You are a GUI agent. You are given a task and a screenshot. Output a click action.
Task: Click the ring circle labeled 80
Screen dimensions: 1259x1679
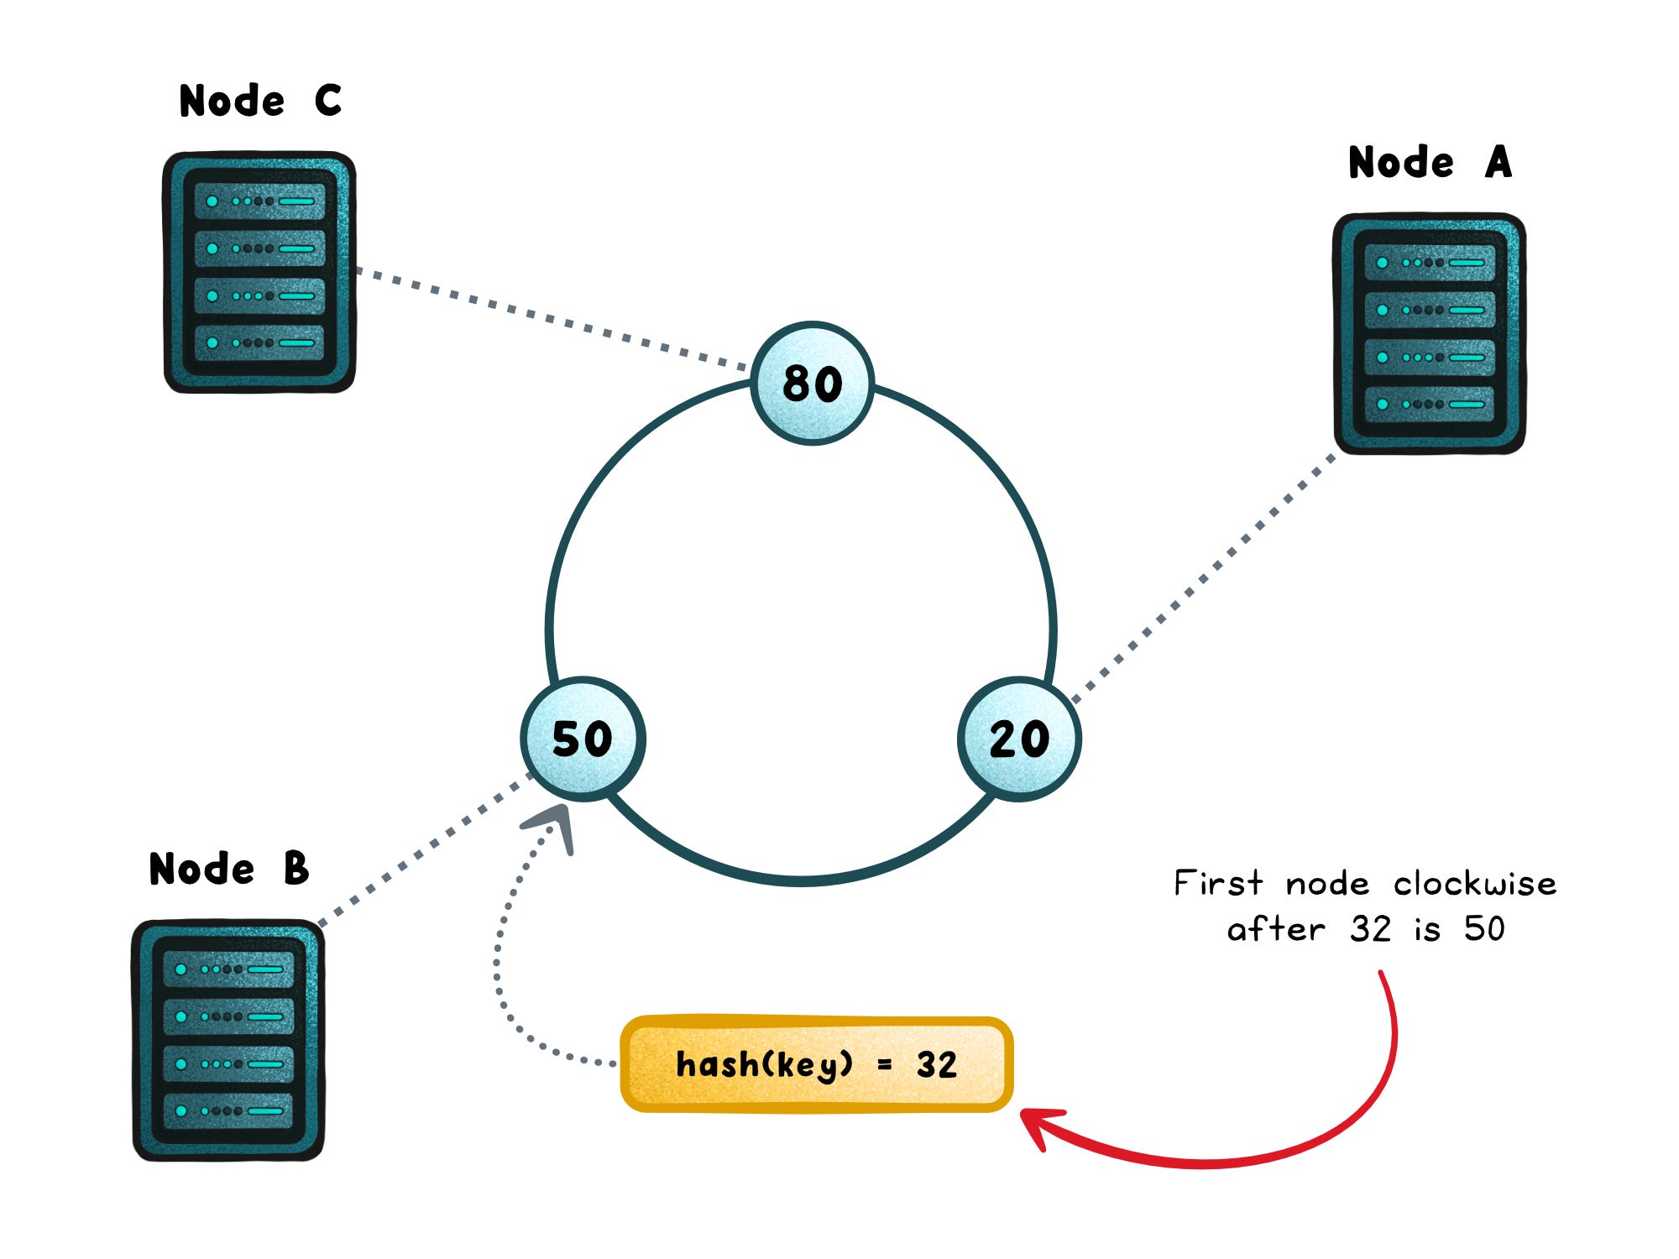(x=812, y=384)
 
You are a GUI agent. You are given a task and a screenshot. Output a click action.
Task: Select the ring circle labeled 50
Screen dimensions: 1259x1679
(x=583, y=739)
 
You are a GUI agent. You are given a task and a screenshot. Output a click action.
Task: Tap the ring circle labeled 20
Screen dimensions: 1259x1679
(x=1019, y=739)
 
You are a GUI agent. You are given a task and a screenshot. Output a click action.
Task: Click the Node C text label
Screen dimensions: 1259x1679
(x=260, y=101)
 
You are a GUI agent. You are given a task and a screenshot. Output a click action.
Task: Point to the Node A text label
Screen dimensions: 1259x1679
(x=1430, y=162)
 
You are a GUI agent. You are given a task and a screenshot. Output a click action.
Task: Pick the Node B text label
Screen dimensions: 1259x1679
(x=229, y=869)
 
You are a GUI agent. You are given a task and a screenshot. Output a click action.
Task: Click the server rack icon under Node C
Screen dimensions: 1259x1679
(x=259, y=272)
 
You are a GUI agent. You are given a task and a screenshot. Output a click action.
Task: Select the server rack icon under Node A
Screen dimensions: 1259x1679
(x=1429, y=333)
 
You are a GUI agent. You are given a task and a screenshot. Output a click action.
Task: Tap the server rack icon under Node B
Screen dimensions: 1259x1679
(x=228, y=1041)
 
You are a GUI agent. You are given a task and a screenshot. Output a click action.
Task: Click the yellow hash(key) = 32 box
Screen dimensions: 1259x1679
(x=816, y=1064)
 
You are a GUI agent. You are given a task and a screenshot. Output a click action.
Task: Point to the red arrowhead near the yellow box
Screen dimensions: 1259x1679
(x=1038, y=1125)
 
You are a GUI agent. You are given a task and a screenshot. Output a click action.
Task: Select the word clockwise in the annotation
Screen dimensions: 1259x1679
(x=1474, y=884)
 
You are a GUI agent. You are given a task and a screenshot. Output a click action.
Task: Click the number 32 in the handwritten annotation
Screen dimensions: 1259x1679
(x=1370, y=929)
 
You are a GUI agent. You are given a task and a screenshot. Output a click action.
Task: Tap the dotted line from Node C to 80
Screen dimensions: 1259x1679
(x=554, y=319)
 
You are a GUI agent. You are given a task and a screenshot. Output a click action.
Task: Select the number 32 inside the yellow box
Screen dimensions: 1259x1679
(x=936, y=1065)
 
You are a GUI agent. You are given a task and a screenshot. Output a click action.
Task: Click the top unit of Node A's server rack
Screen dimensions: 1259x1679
(x=1429, y=263)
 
